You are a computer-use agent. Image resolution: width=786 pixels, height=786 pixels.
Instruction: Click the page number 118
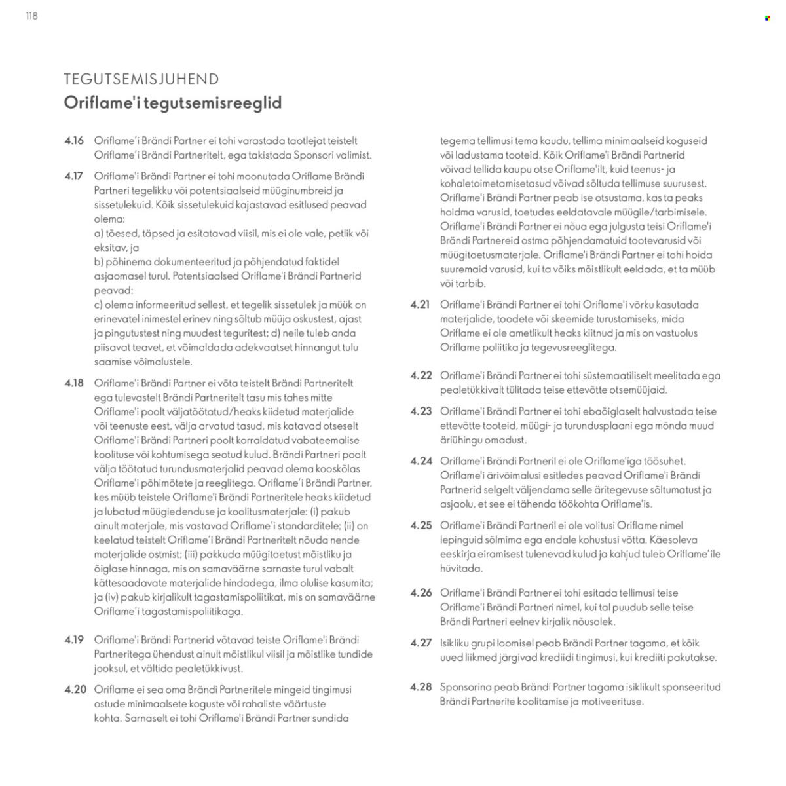(x=31, y=16)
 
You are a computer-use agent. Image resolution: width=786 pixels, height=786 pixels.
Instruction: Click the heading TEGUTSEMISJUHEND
(x=141, y=79)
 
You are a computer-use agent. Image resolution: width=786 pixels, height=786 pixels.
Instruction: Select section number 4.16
(x=74, y=141)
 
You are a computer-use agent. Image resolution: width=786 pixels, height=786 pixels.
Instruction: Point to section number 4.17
(x=74, y=176)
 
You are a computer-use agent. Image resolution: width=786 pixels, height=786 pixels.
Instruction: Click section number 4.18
(x=74, y=383)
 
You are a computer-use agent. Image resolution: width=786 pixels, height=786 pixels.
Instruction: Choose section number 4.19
(x=74, y=640)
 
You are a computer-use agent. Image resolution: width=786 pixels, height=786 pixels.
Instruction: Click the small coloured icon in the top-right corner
(x=768, y=18)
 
